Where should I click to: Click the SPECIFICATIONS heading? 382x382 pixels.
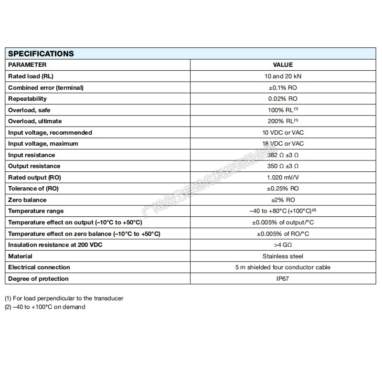pos(41,53)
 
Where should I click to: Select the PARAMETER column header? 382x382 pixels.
pos(27,65)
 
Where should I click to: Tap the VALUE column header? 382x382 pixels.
pos(283,65)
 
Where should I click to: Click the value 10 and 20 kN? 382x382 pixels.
pos(283,76)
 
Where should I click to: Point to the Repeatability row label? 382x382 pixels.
pos(27,99)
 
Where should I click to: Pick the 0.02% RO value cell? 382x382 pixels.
pos(283,99)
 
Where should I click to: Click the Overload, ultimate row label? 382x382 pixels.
pos(35,121)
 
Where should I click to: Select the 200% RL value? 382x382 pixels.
pos(282,121)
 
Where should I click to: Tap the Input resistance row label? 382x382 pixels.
pos(32,155)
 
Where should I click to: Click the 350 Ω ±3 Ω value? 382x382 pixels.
pos(283,166)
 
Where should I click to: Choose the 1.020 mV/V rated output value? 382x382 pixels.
pos(283,178)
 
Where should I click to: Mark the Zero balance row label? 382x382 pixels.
pos(27,200)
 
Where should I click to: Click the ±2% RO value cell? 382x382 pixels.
pos(283,200)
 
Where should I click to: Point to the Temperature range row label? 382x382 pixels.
pos(36,211)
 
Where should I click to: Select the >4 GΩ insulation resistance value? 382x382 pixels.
pos(283,245)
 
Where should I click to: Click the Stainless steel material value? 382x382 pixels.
pos(283,256)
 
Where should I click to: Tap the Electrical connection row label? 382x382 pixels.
pos(39,267)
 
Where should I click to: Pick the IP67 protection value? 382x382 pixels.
pos(283,279)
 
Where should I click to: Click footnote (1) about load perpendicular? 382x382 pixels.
pos(64,298)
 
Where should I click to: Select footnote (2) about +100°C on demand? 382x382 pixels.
pos(45,307)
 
